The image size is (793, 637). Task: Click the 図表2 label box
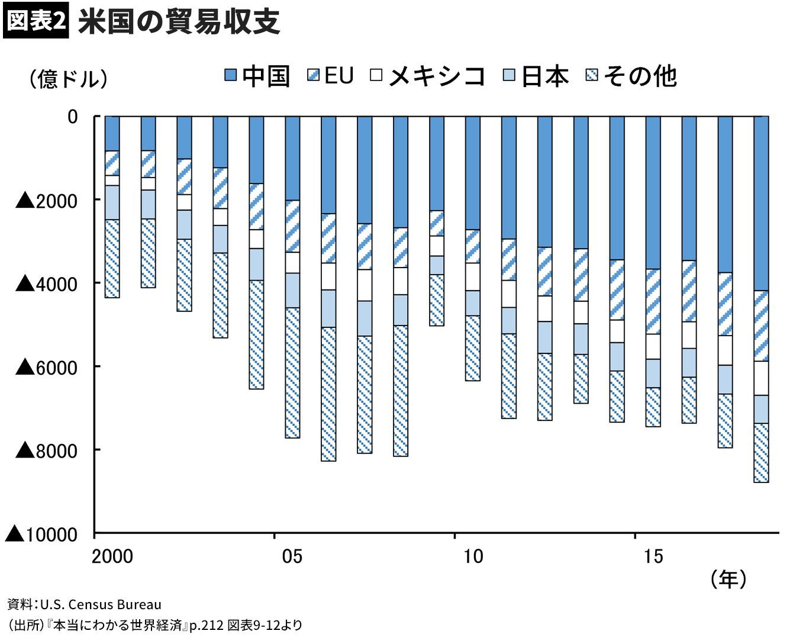coord(36,22)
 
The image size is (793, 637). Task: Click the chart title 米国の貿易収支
coord(179,22)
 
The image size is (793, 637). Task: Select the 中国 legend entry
coord(257,76)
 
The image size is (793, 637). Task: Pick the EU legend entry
coord(330,76)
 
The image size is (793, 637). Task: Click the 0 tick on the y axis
coord(73,117)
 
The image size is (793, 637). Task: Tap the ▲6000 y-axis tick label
coord(47,367)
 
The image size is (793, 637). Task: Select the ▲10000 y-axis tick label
coord(41,534)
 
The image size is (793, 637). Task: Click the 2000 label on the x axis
coord(112,556)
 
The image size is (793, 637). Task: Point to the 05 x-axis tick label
coord(292,556)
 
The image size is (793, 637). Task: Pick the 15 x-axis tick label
coord(653,556)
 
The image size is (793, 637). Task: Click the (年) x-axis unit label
coord(728,579)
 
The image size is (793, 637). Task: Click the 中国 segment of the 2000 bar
coord(112,134)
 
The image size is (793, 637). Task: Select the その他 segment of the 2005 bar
coord(292,373)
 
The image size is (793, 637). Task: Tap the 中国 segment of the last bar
coord(761,203)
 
